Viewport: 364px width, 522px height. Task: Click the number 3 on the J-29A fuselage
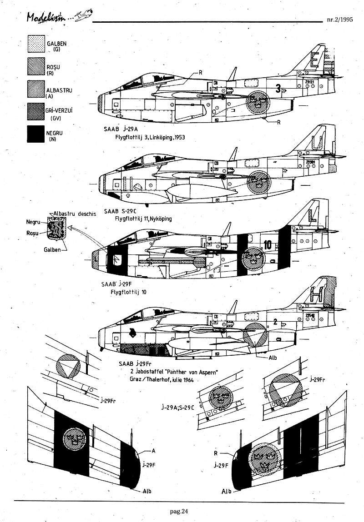278,89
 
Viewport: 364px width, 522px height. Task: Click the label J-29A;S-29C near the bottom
177,406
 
